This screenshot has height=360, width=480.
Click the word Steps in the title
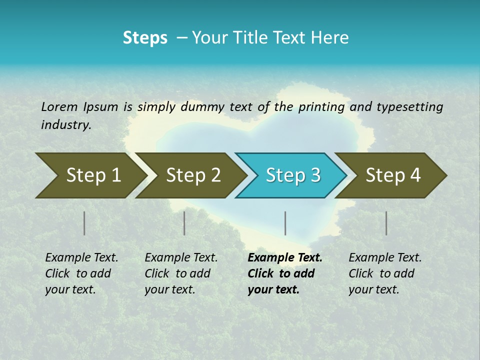click(x=145, y=38)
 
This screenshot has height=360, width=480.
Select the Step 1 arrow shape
click(x=90, y=175)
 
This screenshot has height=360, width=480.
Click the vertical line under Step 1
click(x=84, y=223)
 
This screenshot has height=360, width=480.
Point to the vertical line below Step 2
click(x=184, y=223)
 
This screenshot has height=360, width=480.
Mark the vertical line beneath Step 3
click(x=285, y=223)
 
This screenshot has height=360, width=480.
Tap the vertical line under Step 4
click(x=386, y=223)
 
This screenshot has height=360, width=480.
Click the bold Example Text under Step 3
click(x=285, y=258)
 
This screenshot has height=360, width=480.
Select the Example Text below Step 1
click(x=81, y=258)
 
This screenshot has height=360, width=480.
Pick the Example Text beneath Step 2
click(x=181, y=258)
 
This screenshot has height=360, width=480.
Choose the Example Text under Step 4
click(x=385, y=258)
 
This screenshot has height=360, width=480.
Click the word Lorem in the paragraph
click(x=59, y=106)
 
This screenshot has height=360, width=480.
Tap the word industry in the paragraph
click(x=65, y=125)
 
